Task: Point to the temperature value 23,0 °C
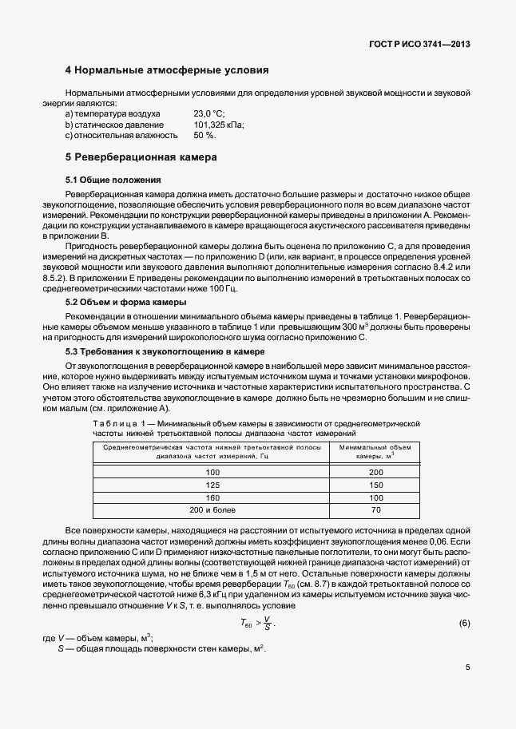(209, 114)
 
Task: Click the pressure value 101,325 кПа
(219, 125)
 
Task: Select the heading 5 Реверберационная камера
(141, 157)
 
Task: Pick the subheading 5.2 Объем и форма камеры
(125, 303)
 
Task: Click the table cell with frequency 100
(212, 473)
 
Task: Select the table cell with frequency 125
(212, 485)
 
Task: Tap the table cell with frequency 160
(212, 497)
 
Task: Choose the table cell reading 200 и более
(212, 509)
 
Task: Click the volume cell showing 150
(376, 485)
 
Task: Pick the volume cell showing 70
(376, 509)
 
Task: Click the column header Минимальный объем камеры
(376, 451)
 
